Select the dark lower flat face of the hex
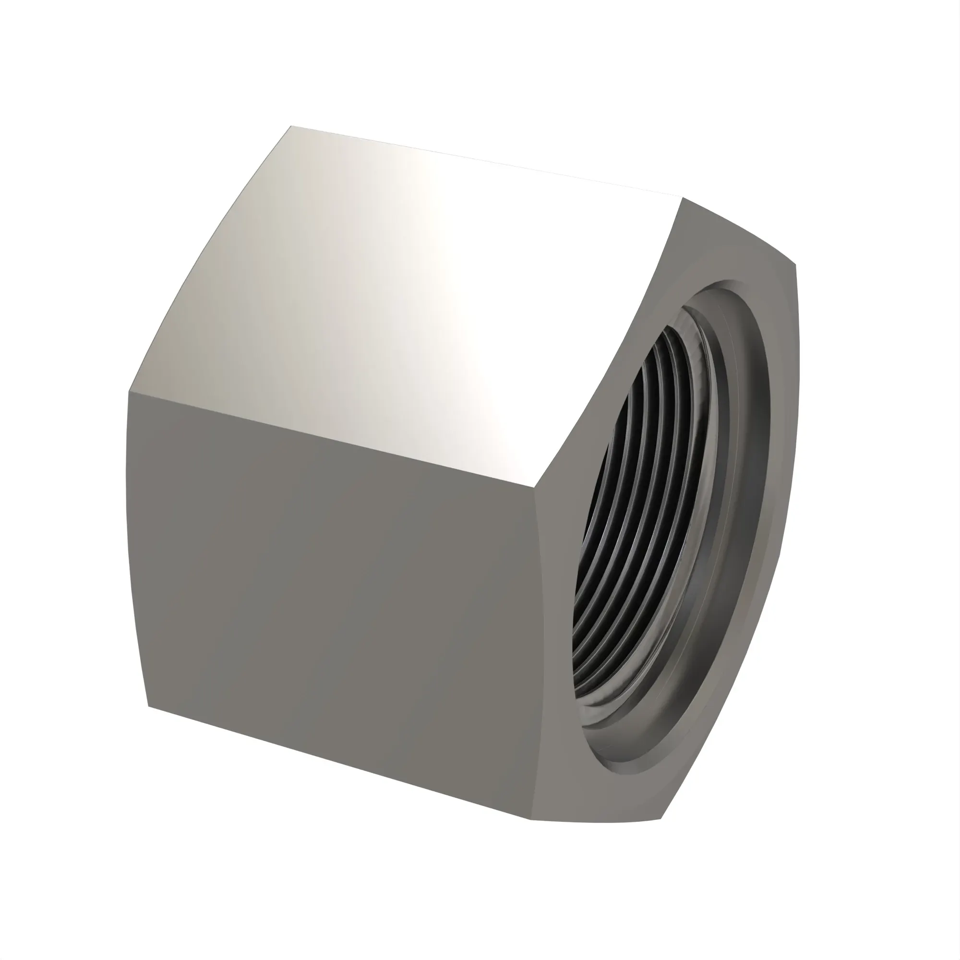(338, 596)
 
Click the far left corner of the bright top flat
(291, 126)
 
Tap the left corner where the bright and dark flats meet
(129, 392)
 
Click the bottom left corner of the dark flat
(148, 706)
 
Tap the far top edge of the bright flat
(487, 161)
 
